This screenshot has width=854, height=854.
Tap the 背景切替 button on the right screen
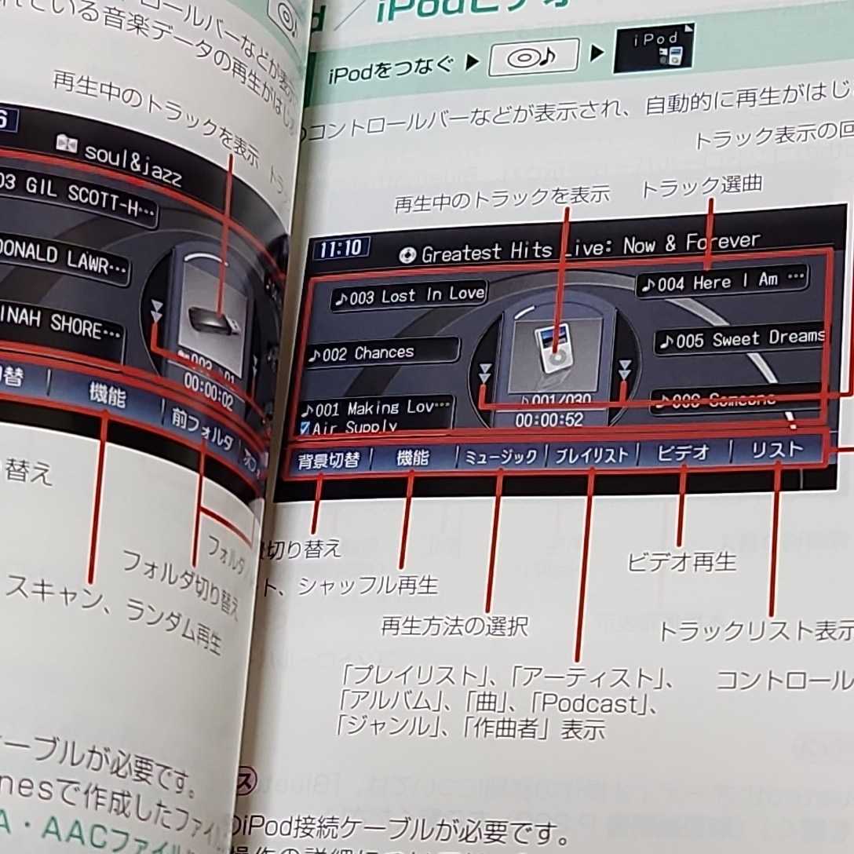pos(328,460)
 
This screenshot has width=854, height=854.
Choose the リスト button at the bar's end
pos(777,450)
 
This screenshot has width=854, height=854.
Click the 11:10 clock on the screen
pos(341,249)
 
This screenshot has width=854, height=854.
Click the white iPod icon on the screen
pos(555,349)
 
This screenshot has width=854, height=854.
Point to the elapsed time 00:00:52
pos(549,420)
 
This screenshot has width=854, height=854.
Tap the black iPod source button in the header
pos(653,49)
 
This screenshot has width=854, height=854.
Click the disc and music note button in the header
pos(534,58)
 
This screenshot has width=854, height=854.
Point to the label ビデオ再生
pos(681,562)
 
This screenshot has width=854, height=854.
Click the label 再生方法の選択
pos(454,626)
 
